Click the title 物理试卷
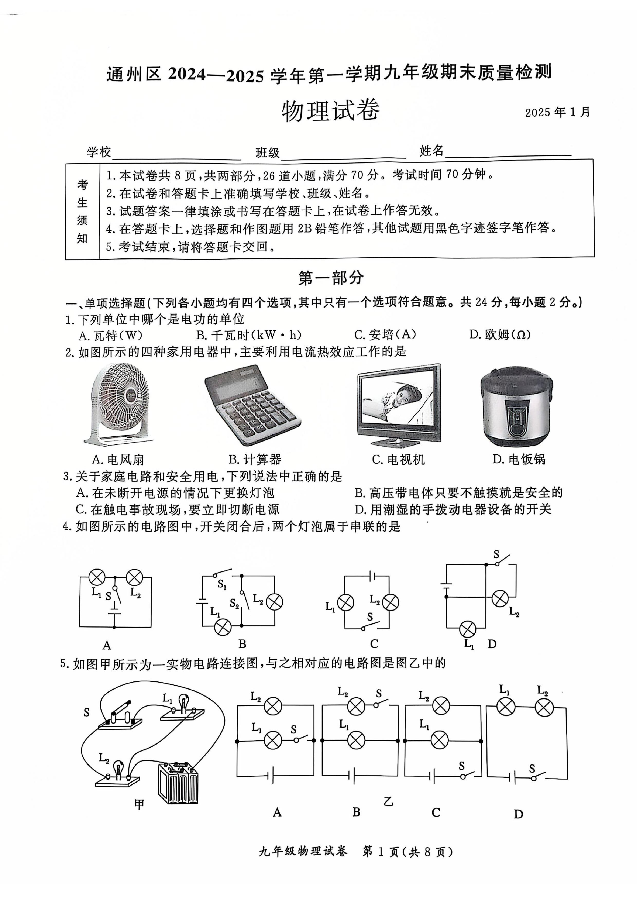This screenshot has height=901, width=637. [330, 111]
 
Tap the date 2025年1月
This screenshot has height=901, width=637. [557, 112]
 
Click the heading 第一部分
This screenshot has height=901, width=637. [331, 278]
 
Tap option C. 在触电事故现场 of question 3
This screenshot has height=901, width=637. [177, 509]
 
